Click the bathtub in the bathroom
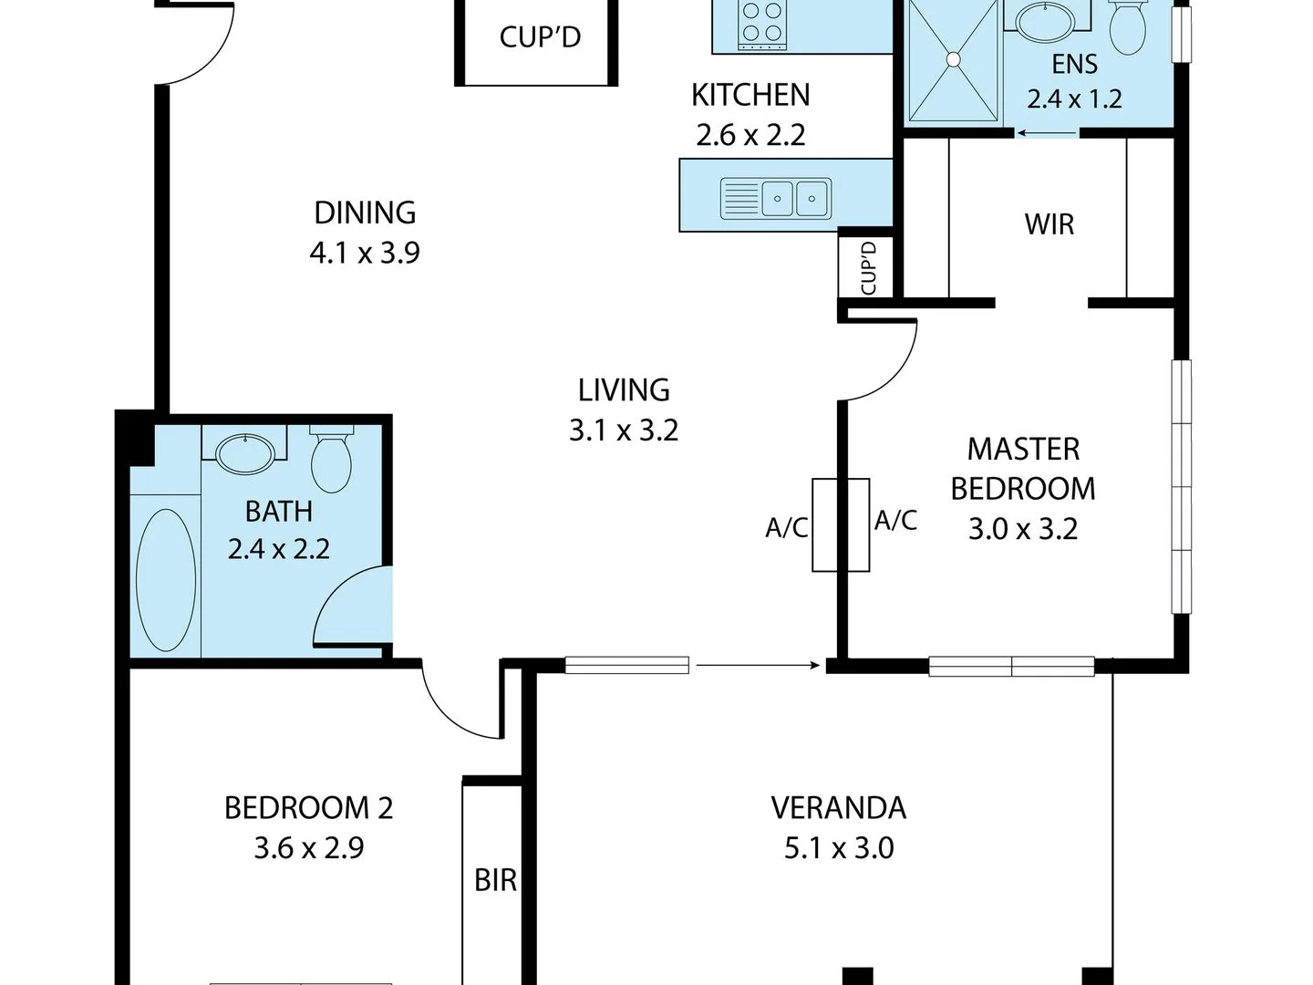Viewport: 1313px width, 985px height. (165, 580)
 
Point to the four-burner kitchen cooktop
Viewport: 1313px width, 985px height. (762, 22)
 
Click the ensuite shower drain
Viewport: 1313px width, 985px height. (953, 59)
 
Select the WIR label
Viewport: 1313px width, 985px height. (1049, 224)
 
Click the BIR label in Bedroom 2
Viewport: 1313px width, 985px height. (495, 880)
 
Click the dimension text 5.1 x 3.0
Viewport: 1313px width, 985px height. (839, 848)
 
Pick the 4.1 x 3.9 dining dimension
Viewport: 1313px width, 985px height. (365, 253)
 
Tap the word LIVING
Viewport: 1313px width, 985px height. (624, 390)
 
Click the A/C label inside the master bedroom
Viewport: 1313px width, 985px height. (895, 521)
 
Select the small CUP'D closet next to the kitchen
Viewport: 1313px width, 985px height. (869, 267)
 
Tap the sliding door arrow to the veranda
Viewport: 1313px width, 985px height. (757, 666)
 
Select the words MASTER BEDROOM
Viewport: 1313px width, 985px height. (1023, 469)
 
